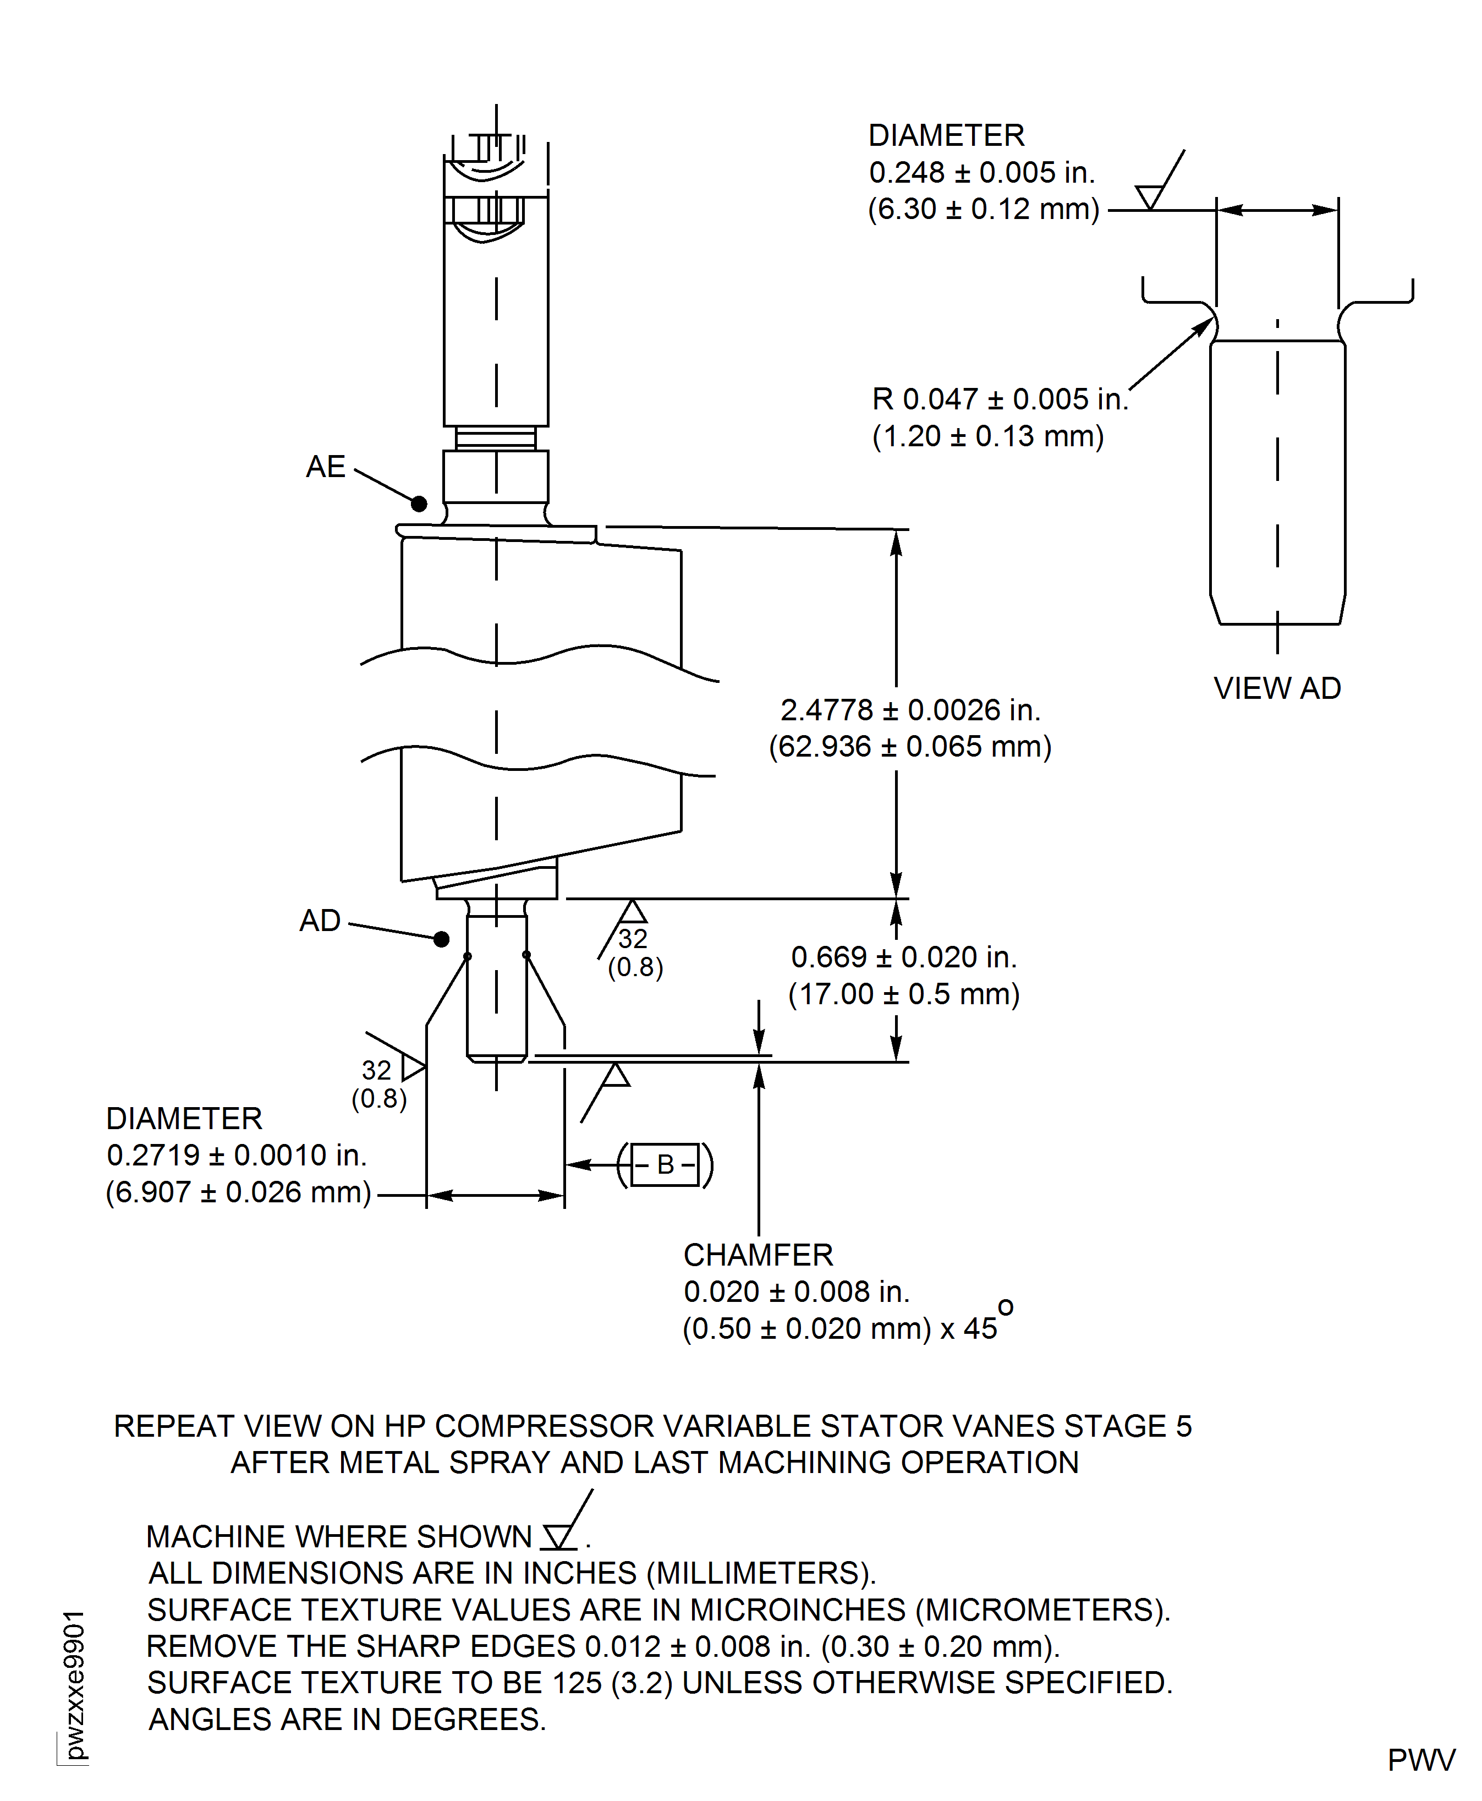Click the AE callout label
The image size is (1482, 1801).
point(325,467)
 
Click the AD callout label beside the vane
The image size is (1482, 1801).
point(320,921)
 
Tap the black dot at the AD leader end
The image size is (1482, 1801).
point(441,939)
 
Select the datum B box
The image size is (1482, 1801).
point(666,1165)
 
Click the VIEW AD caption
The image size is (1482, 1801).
point(1277,688)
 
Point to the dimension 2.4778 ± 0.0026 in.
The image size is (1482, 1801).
point(910,710)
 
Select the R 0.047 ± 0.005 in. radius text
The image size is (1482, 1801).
point(1000,399)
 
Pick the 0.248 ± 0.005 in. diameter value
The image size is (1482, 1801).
point(982,172)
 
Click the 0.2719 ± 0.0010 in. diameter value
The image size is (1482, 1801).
point(237,1156)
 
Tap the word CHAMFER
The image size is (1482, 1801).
point(758,1255)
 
